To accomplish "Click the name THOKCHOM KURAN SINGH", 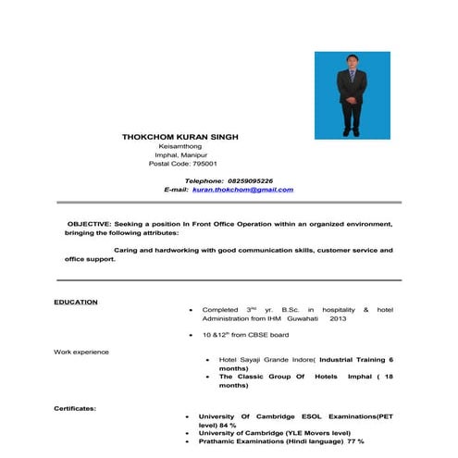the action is click(179, 136).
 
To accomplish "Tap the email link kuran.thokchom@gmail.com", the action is click(242, 189).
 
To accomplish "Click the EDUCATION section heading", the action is click(76, 302).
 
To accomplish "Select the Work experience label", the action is click(81, 352).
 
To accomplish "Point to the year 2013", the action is click(337, 317).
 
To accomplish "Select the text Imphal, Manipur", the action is click(179, 154).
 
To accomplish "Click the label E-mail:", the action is click(175, 189).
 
